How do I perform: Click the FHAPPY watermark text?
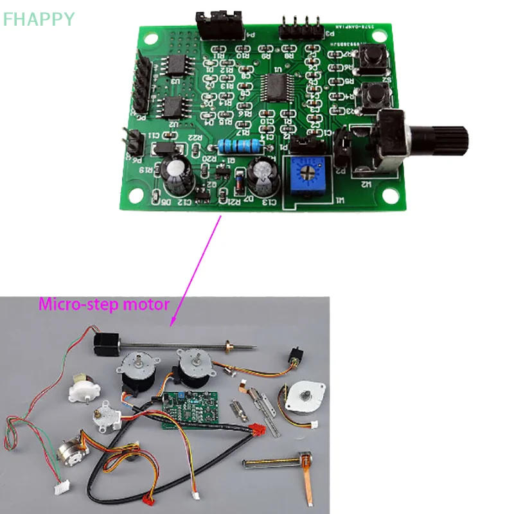click(39, 19)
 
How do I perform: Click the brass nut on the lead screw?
click(226, 347)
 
